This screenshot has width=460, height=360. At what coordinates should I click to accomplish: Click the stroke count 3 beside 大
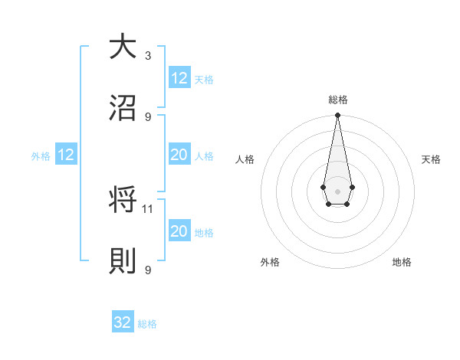pos(148,55)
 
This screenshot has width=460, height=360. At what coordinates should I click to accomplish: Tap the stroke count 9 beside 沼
pos(148,116)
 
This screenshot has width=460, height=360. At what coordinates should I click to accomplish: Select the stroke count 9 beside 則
pos(148,270)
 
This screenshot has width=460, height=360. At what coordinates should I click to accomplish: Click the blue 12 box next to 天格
pos(179,77)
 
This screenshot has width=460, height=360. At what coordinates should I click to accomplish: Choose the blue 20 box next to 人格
pos(179,155)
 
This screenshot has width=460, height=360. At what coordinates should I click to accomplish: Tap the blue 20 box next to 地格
pos(179,231)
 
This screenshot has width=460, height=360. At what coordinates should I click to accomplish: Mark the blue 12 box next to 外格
pos(66,155)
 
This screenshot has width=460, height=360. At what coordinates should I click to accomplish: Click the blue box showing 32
pos(123,322)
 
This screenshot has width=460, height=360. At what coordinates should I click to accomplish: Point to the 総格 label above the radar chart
pos(338,100)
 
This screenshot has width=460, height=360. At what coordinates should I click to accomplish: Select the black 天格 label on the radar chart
pos(431,159)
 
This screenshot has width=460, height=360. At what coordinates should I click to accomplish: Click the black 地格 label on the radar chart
pos(402,262)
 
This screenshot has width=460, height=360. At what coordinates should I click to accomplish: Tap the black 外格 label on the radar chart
pos(270,262)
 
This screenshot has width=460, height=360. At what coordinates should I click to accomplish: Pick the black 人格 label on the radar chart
pos(245,159)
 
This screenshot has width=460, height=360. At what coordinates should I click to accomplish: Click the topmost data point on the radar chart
pos(337,116)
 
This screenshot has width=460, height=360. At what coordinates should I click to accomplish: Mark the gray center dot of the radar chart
pos(337,191)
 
